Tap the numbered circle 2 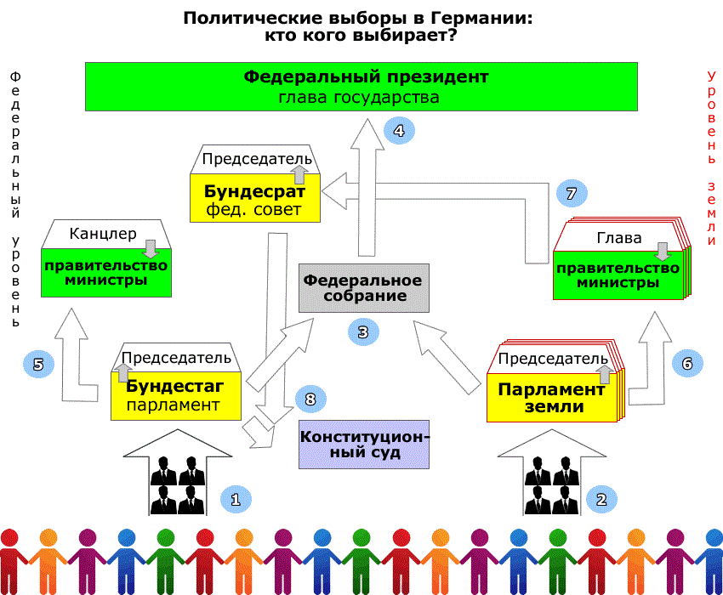click(x=601, y=499)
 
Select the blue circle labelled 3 click(x=362, y=331)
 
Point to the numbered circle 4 click(x=399, y=131)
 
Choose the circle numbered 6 click(x=687, y=363)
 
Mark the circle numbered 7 click(x=572, y=193)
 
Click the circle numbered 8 click(x=310, y=398)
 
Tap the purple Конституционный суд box click(x=363, y=445)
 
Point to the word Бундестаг click(x=175, y=388)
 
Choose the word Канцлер click(x=103, y=233)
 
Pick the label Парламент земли click(x=551, y=397)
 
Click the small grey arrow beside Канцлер click(x=151, y=248)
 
